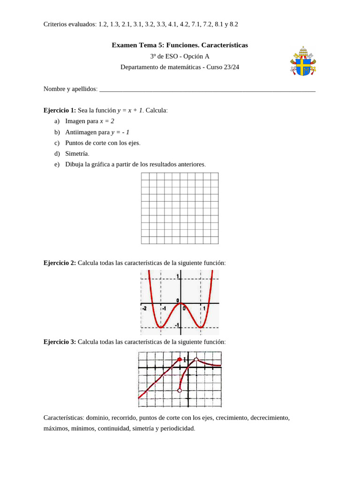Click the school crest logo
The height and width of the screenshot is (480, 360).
[303, 61]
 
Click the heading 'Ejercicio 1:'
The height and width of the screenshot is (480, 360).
[60, 110]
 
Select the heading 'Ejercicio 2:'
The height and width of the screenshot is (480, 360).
[60, 263]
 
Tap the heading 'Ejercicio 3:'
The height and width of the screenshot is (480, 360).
[60, 342]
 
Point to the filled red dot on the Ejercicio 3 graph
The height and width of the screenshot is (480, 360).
[180, 360]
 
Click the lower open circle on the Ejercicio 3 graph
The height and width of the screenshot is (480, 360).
[180, 390]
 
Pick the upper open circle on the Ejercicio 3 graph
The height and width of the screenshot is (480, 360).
[196, 360]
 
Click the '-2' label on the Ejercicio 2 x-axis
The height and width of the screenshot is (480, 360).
[145, 308]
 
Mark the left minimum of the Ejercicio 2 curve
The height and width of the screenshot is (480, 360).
[160, 327]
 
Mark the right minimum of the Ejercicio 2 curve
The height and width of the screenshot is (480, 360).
[201, 327]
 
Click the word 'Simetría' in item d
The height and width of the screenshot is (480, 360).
[77, 153]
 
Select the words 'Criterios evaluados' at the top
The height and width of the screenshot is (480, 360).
[69, 24]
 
